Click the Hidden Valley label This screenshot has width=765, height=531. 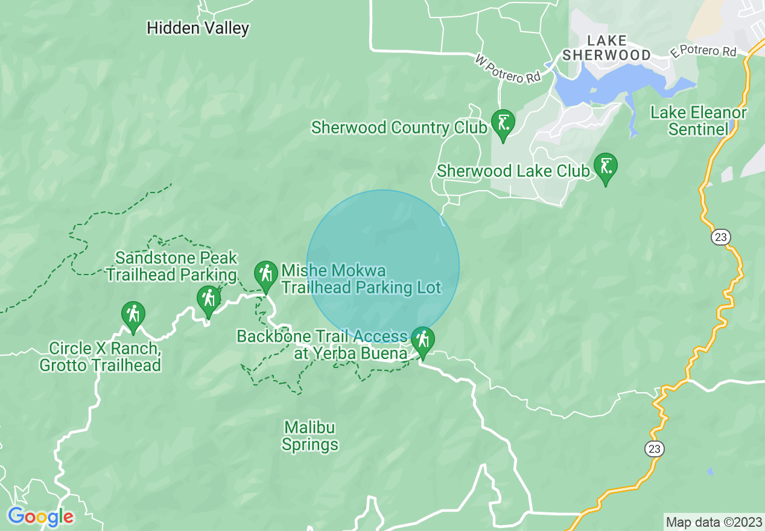tap(198, 28)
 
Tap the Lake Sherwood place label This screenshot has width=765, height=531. tap(606, 48)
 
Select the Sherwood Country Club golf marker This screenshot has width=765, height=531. tap(503, 123)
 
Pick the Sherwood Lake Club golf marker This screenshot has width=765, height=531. tap(605, 167)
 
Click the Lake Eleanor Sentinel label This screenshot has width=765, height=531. tap(699, 121)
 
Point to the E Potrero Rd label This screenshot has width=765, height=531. tap(703, 52)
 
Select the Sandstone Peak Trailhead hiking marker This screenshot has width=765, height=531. tap(209, 299)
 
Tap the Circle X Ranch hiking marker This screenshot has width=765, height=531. tap(133, 315)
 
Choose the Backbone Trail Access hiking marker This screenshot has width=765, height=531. tap(422, 341)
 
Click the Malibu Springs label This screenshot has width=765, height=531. tap(311, 436)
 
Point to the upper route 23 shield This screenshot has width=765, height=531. tap(720, 237)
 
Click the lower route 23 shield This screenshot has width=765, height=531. tap(653, 448)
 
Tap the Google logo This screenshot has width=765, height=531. tap(40, 517)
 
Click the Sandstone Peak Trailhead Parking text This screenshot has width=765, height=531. tap(172, 266)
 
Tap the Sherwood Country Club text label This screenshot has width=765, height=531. tap(399, 128)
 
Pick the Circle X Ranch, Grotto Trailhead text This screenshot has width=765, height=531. tap(100, 357)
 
